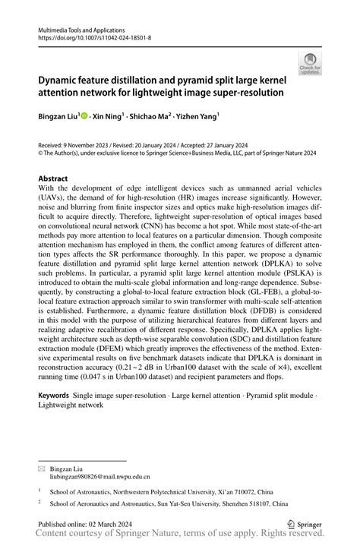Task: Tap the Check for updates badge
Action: (309, 65)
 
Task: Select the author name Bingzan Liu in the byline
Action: (58, 118)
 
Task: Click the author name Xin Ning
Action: (106, 118)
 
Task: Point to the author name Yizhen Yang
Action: (199, 118)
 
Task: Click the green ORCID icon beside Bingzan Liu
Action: (84, 118)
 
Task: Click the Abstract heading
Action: (56, 180)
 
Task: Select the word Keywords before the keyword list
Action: (54, 396)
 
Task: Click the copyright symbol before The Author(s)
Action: (40, 151)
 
